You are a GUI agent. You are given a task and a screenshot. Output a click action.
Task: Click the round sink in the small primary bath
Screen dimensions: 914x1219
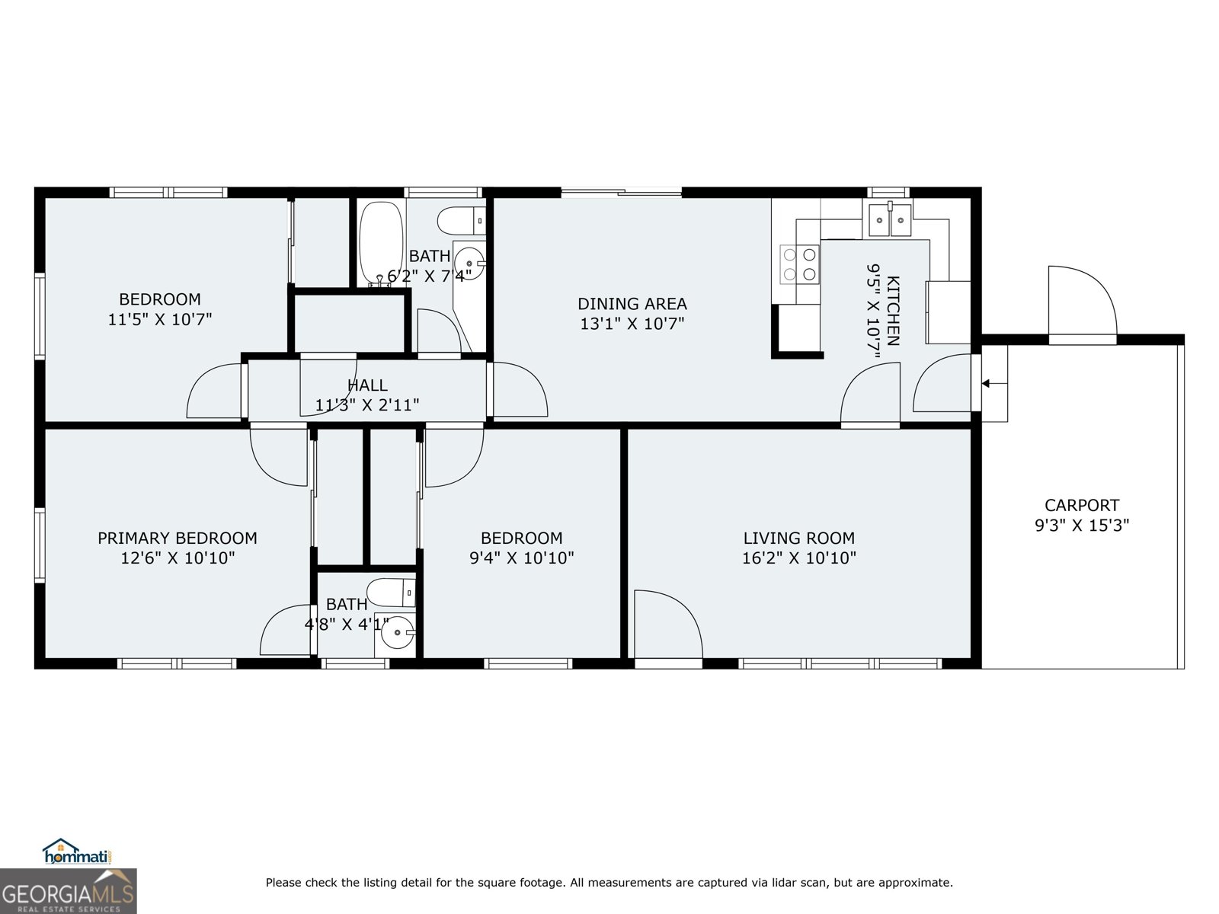pos(397,632)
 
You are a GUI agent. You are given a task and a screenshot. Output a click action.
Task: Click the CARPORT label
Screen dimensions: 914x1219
pos(1081,505)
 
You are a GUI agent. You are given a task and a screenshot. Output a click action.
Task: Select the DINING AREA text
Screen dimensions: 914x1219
pos(632,304)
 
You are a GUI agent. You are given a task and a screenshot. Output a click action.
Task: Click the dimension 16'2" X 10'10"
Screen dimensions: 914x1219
pos(798,558)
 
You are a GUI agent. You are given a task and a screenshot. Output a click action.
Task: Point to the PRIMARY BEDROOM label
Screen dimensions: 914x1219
pos(177,538)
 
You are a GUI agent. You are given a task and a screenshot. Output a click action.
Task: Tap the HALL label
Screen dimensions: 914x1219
pos(367,385)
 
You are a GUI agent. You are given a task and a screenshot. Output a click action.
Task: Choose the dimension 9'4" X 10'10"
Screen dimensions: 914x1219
pos(521,558)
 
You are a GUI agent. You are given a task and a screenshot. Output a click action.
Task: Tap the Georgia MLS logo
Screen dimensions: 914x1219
pos(68,891)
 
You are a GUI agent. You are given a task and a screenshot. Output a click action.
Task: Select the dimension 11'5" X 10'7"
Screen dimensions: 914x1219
pos(159,319)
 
